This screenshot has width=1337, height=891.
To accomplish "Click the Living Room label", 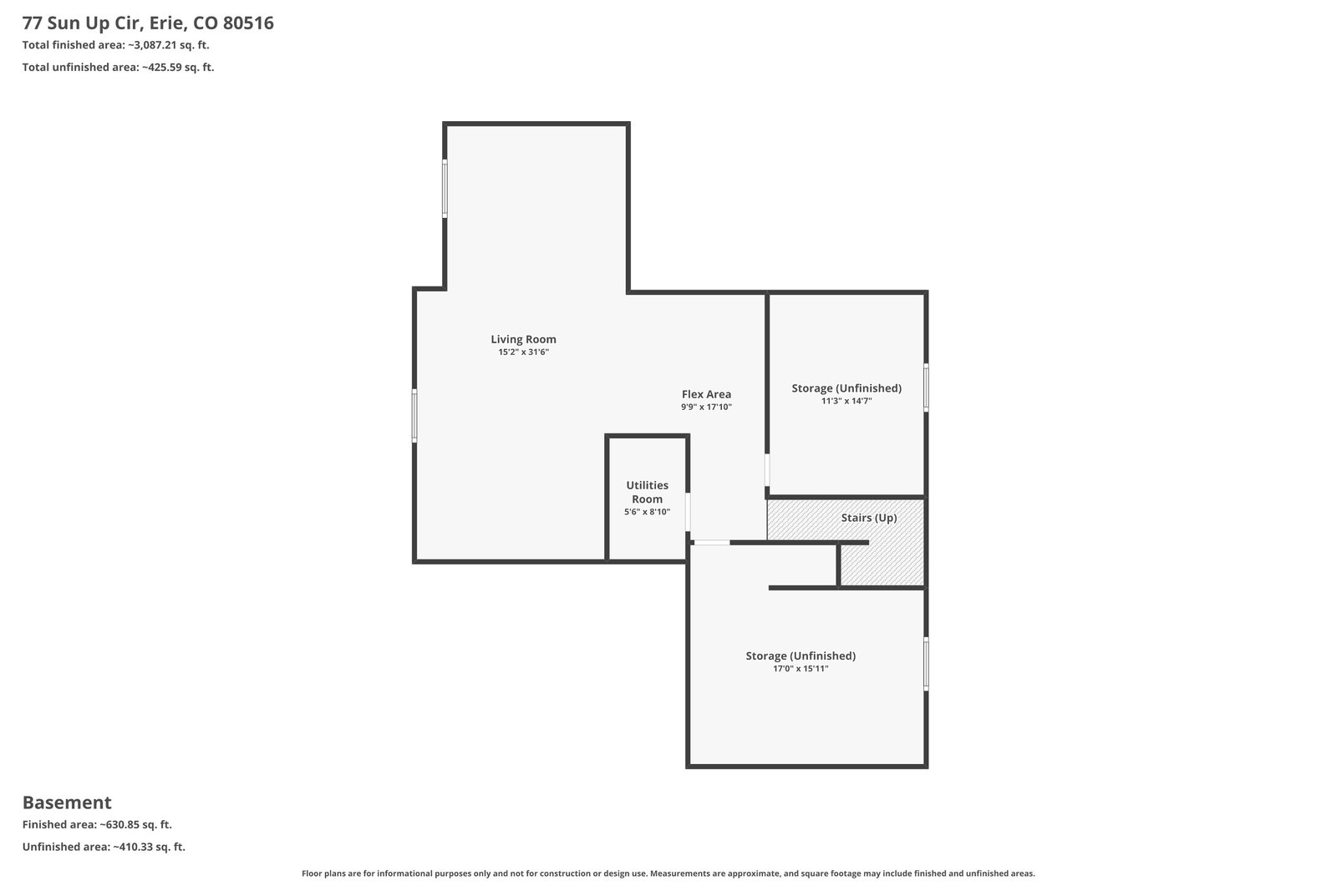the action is [523, 339].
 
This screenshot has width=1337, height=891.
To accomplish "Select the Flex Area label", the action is [706, 394].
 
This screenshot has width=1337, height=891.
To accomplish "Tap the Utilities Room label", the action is [647, 492].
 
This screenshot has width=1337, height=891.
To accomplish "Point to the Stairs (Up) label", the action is [869, 518].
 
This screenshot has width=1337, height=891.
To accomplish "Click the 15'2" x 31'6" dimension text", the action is [523, 352].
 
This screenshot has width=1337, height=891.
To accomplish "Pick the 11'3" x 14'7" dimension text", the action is [846, 401].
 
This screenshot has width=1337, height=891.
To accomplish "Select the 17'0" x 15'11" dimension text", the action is [801, 669].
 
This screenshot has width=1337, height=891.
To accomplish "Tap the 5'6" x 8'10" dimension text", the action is [647, 512].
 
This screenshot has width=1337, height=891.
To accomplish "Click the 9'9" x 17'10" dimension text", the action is [706, 407].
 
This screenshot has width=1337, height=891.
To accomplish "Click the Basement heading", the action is [67, 802].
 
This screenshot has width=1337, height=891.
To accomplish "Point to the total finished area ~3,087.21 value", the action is [168, 45].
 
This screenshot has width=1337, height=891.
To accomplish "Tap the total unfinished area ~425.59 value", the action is [178, 67].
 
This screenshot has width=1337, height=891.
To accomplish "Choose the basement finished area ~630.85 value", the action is [135, 824].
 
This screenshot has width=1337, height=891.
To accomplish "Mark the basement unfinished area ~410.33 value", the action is [150, 846].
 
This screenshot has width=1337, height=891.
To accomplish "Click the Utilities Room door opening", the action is [688, 511].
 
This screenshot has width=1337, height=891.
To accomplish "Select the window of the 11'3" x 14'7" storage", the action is [926, 387].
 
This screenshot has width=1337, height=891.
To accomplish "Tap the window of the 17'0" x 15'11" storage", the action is [926, 664].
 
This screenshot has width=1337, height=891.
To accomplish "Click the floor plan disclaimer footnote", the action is [668, 873].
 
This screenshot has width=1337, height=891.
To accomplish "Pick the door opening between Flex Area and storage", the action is [767, 470].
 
